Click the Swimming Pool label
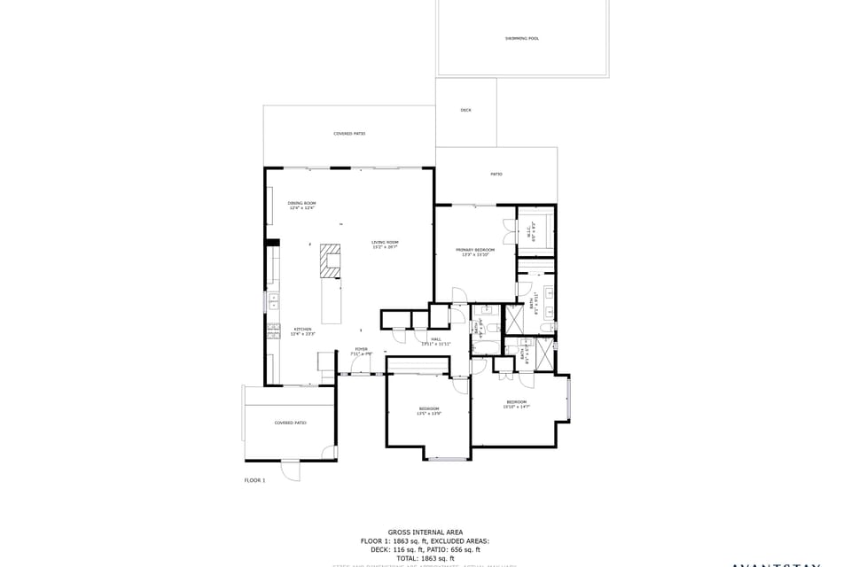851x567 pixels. [x=522, y=39]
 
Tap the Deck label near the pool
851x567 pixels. [x=465, y=111]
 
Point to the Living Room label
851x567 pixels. [x=385, y=245]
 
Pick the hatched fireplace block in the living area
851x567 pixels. [x=331, y=261]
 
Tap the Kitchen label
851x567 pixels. [x=303, y=331]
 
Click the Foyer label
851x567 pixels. [x=362, y=351]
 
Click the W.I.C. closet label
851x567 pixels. [x=530, y=233]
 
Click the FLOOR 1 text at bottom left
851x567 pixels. [x=254, y=480]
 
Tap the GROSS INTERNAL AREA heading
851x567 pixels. [x=425, y=532]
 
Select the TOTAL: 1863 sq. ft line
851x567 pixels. [x=425, y=558]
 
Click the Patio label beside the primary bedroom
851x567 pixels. [x=496, y=174]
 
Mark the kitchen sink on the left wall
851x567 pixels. [x=273, y=301]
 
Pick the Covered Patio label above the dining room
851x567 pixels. [x=349, y=134]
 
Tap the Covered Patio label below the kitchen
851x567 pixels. [x=290, y=423]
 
